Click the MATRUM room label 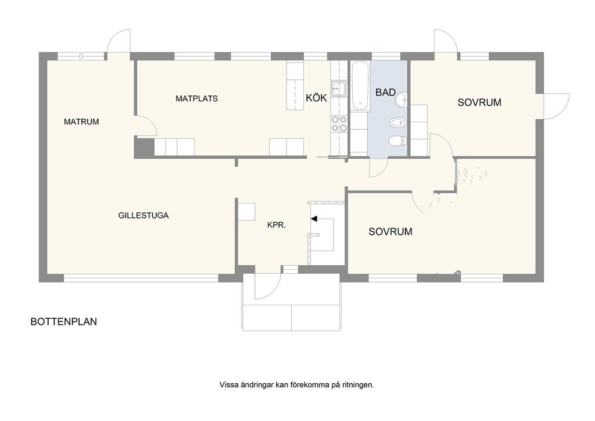81,122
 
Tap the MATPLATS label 196,99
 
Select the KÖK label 316,98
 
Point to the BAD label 386,92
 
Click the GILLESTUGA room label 144,216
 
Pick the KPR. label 276,225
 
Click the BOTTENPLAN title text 64,322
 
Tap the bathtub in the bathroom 360,86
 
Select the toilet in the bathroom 397,141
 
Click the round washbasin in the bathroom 401,101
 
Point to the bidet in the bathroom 399,123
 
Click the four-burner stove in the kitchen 339,124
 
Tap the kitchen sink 339,88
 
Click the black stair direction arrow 314,219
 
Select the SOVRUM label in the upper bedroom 479,102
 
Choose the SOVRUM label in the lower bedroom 390,231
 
